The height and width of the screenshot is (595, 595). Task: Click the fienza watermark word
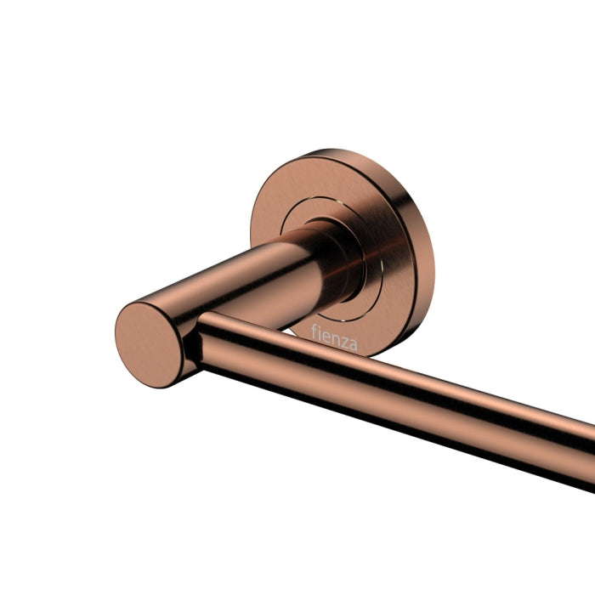tap(334, 335)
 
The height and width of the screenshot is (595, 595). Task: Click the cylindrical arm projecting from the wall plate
tap(246, 280)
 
